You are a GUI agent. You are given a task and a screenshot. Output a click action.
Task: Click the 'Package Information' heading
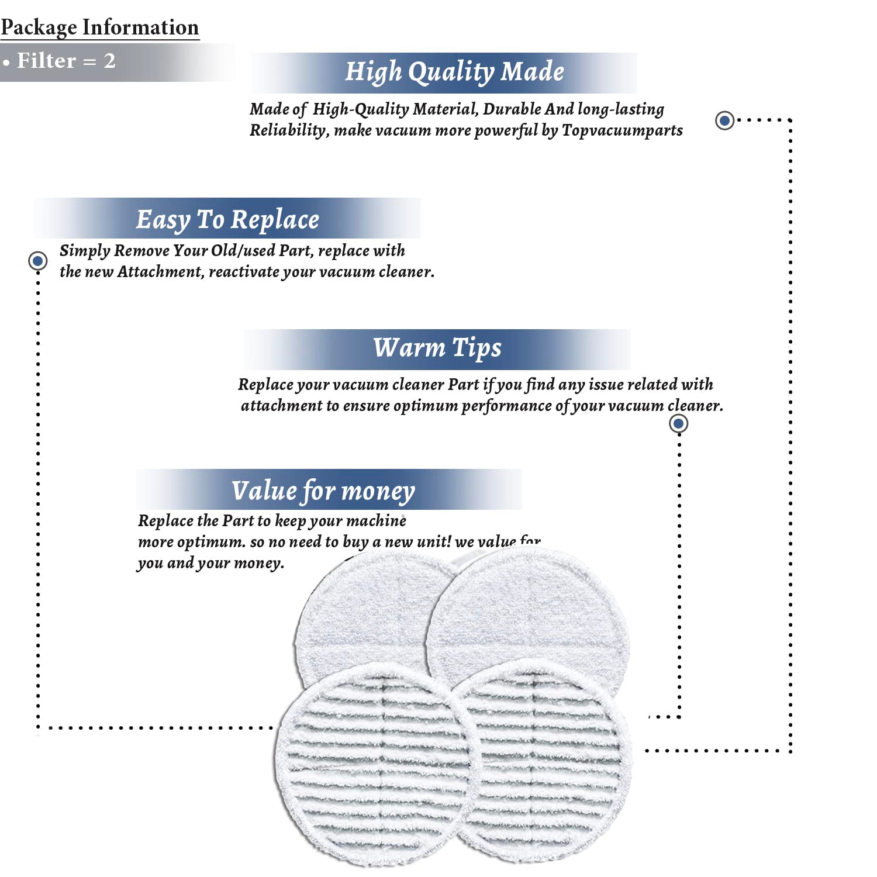coord(99,27)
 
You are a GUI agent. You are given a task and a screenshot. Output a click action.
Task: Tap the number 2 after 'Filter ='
coord(109,61)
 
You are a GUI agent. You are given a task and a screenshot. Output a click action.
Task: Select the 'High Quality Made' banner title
coord(454,72)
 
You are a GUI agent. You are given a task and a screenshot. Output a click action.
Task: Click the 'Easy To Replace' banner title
coord(227,220)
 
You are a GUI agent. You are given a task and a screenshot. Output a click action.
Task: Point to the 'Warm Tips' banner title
coord(437,348)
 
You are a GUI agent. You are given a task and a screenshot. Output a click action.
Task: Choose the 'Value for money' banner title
coord(323,491)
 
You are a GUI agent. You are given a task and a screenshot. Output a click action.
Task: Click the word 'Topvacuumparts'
coord(622,130)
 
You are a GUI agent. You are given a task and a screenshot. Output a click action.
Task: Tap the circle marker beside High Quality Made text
coord(725,120)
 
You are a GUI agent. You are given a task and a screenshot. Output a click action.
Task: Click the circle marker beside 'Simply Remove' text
coord(38,260)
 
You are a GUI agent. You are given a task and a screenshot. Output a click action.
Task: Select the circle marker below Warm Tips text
coord(678,423)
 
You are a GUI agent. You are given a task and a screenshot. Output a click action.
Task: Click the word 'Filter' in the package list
coord(47,61)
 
